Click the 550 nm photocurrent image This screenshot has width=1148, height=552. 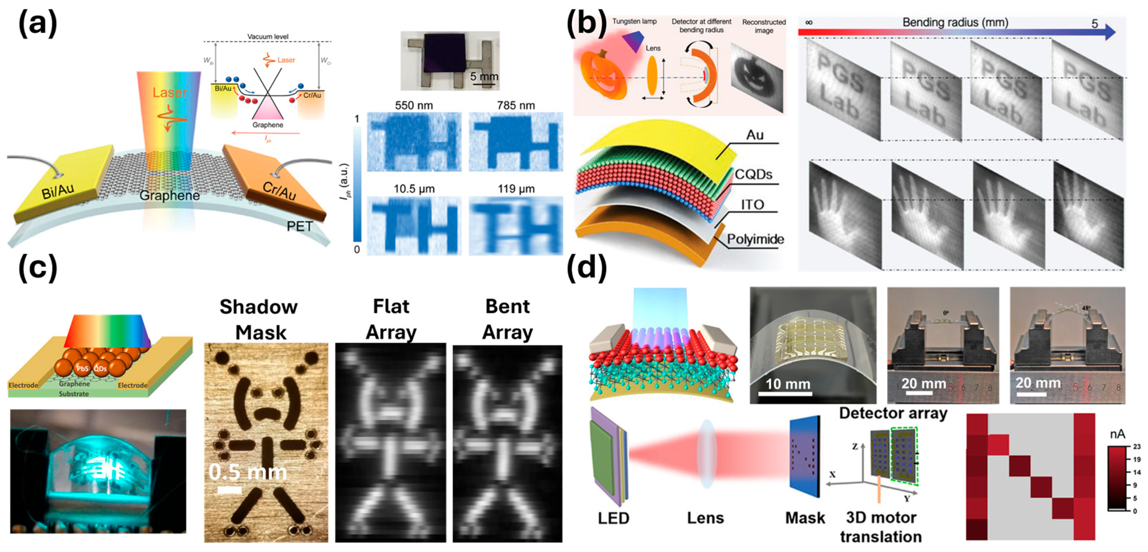click(414, 142)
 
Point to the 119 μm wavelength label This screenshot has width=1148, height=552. click(516, 189)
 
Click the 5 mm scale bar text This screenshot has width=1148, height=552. click(484, 77)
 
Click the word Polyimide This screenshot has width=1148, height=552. click(755, 239)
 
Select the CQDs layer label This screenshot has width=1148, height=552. click(753, 174)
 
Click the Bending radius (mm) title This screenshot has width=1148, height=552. click(955, 22)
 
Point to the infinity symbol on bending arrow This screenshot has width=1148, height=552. click(809, 22)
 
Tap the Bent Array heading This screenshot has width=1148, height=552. click(508, 319)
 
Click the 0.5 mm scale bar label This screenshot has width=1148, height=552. click(247, 472)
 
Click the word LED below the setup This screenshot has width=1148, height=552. click(613, 518)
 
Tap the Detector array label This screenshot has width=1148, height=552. click(893, 413)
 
